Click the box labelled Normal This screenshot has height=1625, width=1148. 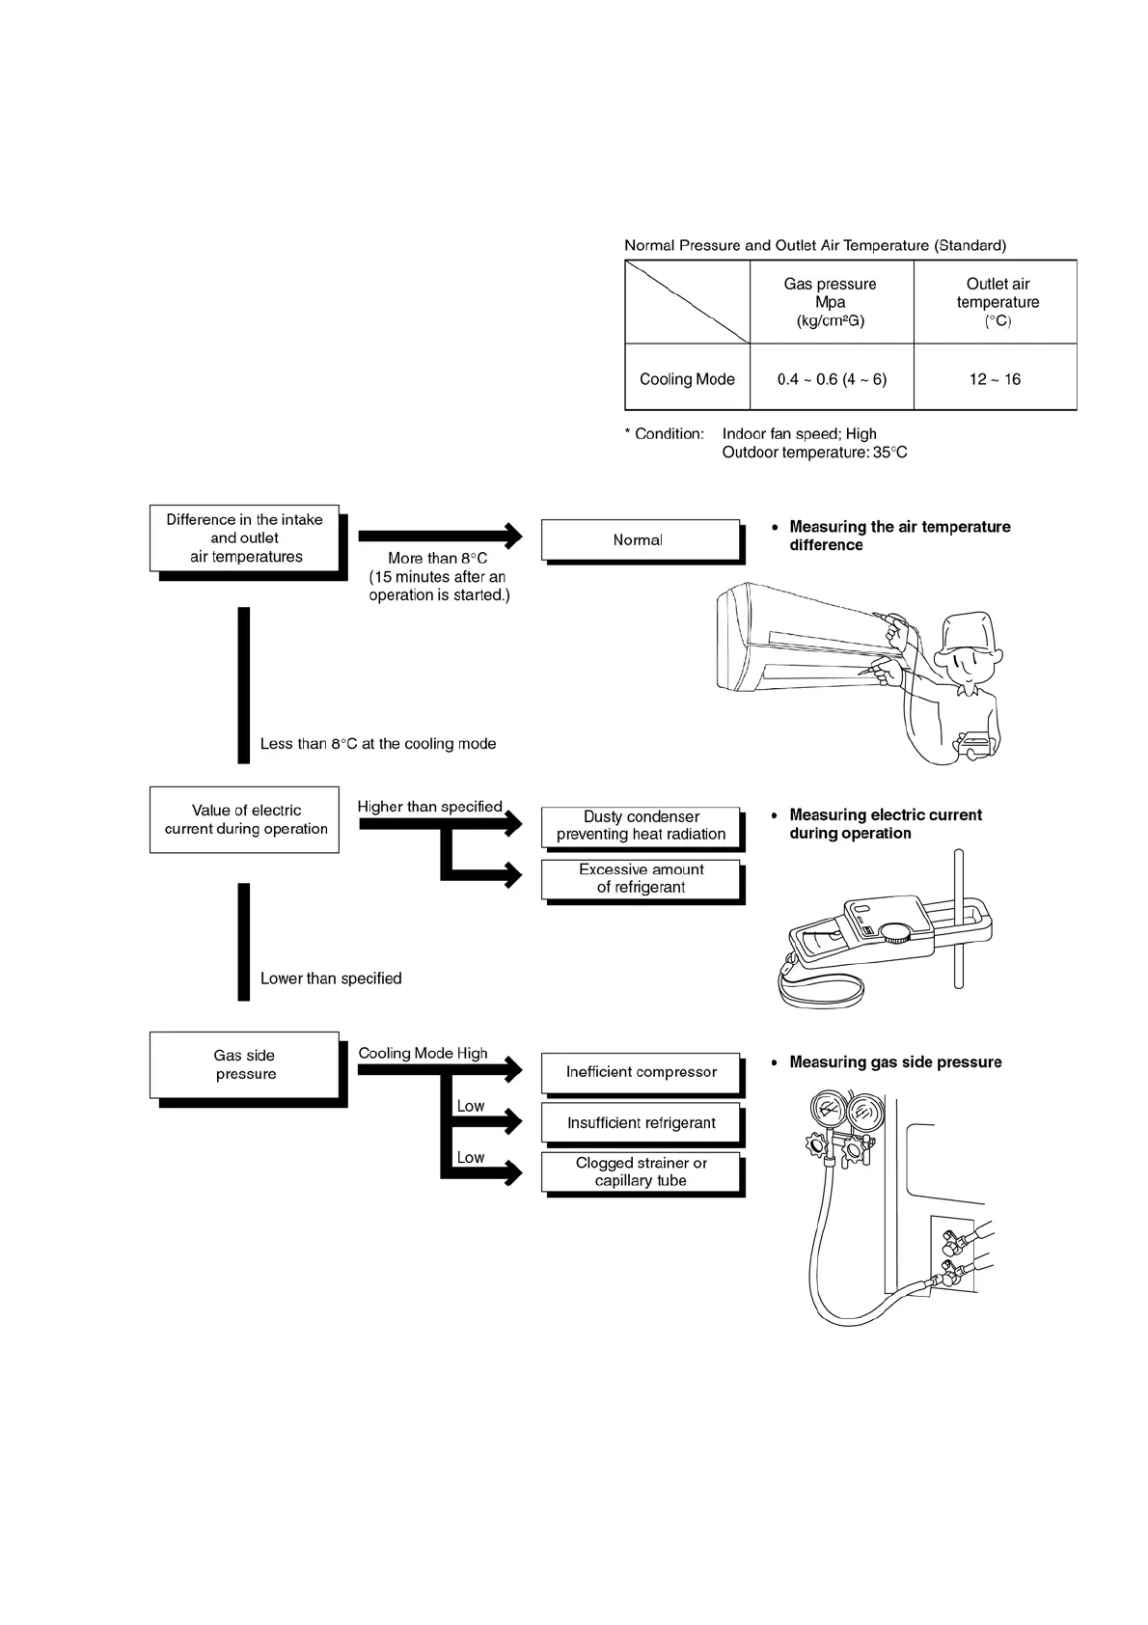640,540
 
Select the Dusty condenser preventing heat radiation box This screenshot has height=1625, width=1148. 641,826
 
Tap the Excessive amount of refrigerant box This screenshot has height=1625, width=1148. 641,878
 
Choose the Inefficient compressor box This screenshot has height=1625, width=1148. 641,1072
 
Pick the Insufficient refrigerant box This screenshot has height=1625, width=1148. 641,1123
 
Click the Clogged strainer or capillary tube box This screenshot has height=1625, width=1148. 641,1171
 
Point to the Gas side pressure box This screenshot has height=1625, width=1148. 245,1065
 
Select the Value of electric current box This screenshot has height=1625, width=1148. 245,820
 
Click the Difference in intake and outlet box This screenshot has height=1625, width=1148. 245,538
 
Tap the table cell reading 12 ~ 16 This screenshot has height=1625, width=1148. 995,379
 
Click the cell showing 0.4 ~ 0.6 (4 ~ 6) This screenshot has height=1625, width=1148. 832,379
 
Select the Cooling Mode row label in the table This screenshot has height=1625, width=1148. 687,379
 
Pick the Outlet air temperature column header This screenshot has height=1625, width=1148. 997,302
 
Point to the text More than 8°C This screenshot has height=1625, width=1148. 438,559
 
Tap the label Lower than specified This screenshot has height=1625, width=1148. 331,978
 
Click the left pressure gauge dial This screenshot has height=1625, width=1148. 826,1110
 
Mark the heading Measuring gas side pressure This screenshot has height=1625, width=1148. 895,1062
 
